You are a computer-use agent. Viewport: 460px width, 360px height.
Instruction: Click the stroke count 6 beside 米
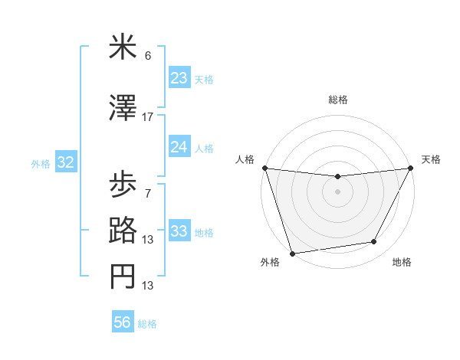(x=148, y=56)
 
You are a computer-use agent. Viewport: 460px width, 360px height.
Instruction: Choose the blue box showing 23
(x=179, y=78)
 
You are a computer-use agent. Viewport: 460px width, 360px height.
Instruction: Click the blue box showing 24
(x=179, y=147)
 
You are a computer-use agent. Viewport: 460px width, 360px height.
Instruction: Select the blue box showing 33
(x=179, y=231)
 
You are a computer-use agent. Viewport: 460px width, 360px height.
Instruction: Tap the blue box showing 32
(x=65, y=162)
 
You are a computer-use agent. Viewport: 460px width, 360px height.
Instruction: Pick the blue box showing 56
(x=123, y=322)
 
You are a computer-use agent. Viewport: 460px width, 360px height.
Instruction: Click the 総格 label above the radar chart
(x=338, y=100)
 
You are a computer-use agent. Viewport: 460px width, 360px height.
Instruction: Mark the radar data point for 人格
(x=264, y=168)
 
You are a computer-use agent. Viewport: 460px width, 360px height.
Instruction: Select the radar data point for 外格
(x=292, y=253)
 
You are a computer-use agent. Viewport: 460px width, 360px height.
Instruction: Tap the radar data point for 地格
(x=374, y=242)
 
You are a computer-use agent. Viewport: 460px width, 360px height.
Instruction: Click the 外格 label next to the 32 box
(x=41, y=163)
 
